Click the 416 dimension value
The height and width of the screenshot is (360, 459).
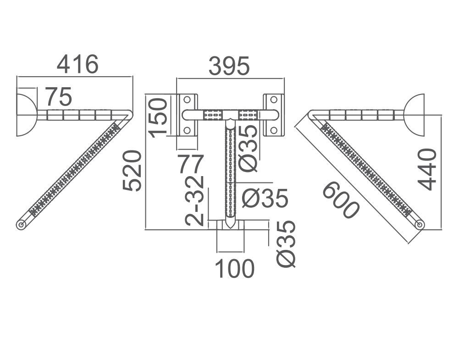pyautogui.click(x=77, y=64)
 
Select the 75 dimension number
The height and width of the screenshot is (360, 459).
pyautogui.click(x=59, y=97)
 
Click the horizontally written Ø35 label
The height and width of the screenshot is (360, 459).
pyautogui.click(x=265, y=198)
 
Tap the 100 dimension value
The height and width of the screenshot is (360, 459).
pyautogui.click(x=234, y=269)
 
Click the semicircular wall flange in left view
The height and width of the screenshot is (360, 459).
pyautogui.click(x=26, y=115)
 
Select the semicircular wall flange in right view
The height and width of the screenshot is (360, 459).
pyautogui.click(x=415, y=115)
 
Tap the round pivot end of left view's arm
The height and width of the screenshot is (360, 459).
pyautogui.click(x=21, y=225)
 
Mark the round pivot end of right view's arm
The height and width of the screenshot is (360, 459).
pyautogui.click(x=419, y=224)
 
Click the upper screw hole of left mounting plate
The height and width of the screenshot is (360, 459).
pyautogui.click(x=187, y=99)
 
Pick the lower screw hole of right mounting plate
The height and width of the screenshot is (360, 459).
pyautogui.click(x=274, y=130)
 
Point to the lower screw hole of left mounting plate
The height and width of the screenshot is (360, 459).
pyautogui.click(x=187, y=130)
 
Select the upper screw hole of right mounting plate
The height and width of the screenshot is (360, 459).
pyautogui.click(x=274, y=99)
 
